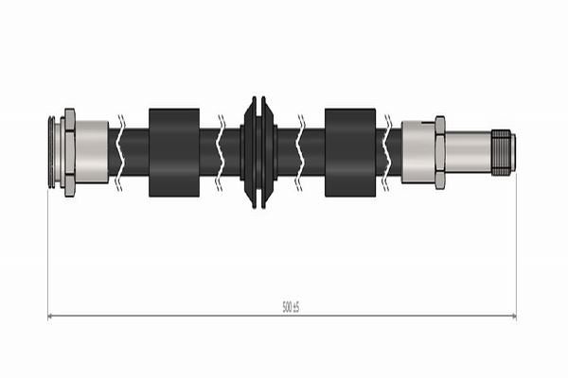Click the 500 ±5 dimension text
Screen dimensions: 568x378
click(x=291, y=308)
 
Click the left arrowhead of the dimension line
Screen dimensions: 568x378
click(x=50, y=317)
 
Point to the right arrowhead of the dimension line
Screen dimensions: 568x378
click(x=514, y=317)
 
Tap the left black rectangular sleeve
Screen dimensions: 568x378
click(x=174, y=153)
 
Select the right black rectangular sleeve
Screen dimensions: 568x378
click(x=350, y=153)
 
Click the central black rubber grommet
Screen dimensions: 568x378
click(x=259, y=152)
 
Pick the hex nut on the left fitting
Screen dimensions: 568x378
click(x=69, y=152)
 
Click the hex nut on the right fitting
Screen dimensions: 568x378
click(x=440, y=152)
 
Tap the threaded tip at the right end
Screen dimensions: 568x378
click(x=504, y=153)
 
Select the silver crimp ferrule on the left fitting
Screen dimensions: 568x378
click(x=92, y=152)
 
